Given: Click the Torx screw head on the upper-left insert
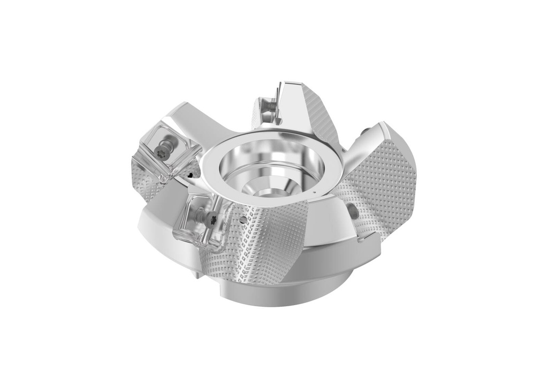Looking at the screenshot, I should tap(164, 151).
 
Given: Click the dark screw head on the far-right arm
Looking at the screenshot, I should tap(364, 130).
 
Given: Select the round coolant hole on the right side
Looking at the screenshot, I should tap(353, 211).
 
